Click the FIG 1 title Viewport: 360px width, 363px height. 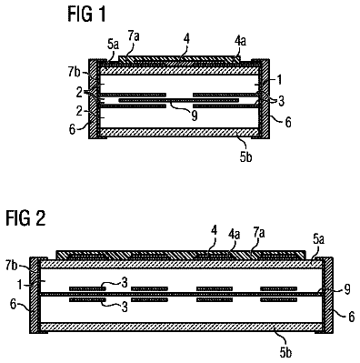(86, 14)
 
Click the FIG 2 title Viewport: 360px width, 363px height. (25, 217)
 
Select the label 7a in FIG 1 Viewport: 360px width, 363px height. (134, 36)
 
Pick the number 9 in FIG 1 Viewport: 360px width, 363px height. (195, 116)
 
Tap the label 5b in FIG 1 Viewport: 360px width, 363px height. (245, 156)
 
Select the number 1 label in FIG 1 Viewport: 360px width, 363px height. (279, 79)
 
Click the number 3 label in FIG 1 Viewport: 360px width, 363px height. (282, 102)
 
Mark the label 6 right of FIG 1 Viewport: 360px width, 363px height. (288, 122)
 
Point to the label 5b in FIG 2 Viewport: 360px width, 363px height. (285, 352)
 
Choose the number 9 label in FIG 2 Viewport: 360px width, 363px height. (347, 289)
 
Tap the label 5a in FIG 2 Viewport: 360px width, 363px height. (319, 239)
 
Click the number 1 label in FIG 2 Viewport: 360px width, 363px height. (20, 285)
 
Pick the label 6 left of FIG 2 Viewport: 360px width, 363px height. (13, 305)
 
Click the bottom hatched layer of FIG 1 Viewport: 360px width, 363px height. (179, 133)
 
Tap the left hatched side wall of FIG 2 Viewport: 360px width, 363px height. (35, 295)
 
